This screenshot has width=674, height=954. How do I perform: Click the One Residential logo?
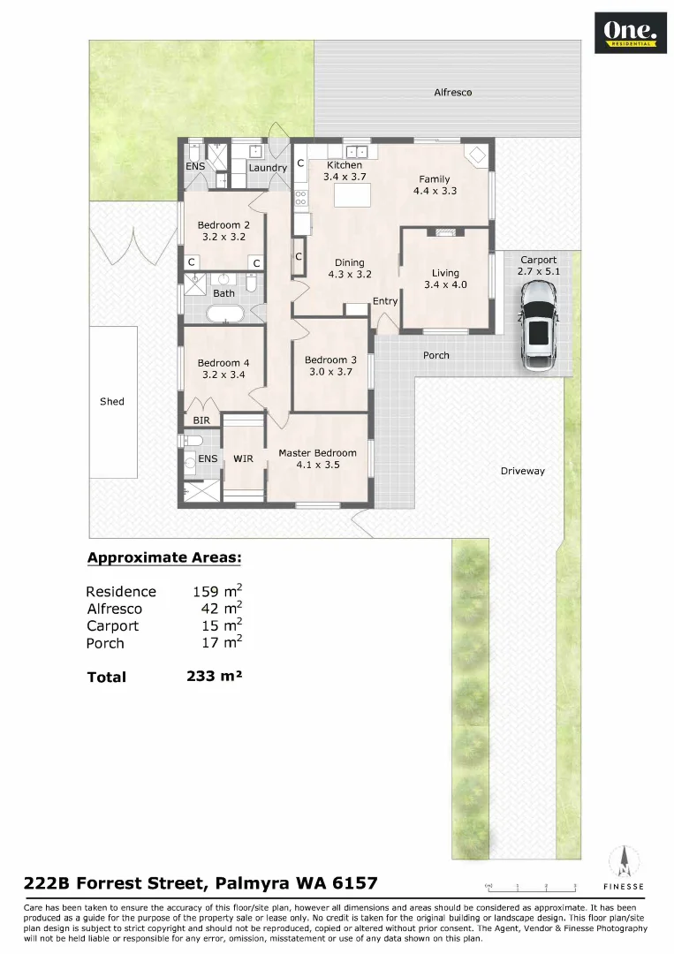630,34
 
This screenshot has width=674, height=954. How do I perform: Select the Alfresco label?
452,92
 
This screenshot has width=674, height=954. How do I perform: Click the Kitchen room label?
344,165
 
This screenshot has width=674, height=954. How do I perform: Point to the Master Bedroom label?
317,453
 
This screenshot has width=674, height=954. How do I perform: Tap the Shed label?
112,401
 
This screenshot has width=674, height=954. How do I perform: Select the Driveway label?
522,471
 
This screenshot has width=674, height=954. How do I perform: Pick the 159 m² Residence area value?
217,591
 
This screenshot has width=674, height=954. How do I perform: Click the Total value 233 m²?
214,677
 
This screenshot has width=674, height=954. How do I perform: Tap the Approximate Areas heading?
163,557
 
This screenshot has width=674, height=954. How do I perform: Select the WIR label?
243,458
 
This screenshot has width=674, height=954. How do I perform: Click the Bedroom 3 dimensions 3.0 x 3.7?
330,372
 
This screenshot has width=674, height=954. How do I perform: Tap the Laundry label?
267,168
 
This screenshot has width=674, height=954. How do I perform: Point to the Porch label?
435,355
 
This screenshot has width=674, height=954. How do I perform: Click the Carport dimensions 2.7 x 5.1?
538,272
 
